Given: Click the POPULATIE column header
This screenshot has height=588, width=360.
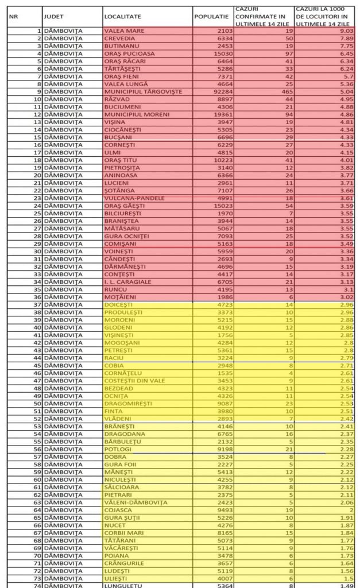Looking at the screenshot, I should (x=213, y=17).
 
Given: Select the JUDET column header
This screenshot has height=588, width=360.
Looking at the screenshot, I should (x=53, y=17).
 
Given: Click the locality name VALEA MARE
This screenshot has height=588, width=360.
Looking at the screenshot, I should (x=124, y=30).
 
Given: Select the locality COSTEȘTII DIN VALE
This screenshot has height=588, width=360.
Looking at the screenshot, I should (x=135, y=381).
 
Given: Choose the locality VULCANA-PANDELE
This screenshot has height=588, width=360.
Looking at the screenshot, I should (x=134, y=198).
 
